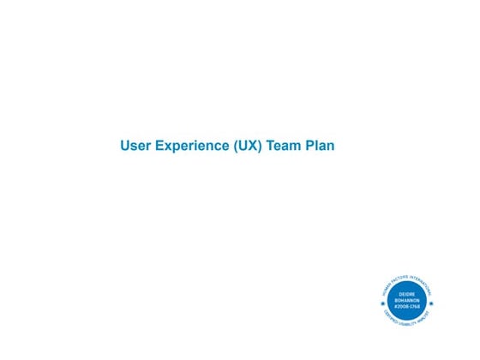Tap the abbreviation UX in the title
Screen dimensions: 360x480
pyautogui.click(x=247, y=146)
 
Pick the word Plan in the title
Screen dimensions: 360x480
pyautogui.click(x=320, y=146)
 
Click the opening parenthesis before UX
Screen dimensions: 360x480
pyautogui.click(x=235, y=146)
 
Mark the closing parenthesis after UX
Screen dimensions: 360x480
pyautogui.click(x=259, y=146)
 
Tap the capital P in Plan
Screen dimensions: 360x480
pyautogui.click(x=310, y=146)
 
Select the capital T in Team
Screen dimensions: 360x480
pyautogui.click(x=270, y=146)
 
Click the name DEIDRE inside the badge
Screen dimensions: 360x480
pyautogui.click(x=407, y=295)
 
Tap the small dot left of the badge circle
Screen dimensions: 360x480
pyautogui.click(x=381, y=303)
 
